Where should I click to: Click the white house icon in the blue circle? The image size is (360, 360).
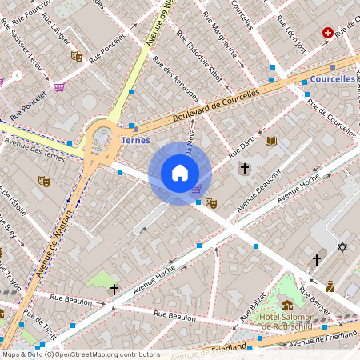coord(180,173)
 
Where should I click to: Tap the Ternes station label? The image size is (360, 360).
coord(135,140)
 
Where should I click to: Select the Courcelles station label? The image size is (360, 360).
coord(331,79)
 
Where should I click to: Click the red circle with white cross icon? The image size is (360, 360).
coord(327,33)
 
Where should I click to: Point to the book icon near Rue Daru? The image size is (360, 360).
coord(271,141)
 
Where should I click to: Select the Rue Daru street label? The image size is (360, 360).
coord(241,145)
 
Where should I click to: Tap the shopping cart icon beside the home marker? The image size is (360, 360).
coord(197,189)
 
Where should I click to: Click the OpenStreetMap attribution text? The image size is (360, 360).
coord(81,354)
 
